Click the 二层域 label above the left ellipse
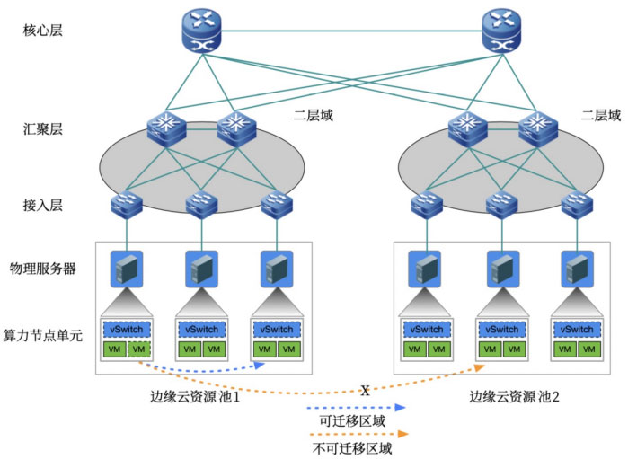click(x=314, y=115)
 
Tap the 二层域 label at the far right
click(x=600, y=115)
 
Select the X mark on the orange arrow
click(x=366, y=391)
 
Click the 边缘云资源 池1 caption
click(x=194, y=396)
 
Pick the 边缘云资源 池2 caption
click(x=512, y=396)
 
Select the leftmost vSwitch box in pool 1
click(x=127, y=330)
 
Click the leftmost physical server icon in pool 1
click(x=127, y=268)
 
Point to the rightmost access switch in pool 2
click(x=574, y=207)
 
